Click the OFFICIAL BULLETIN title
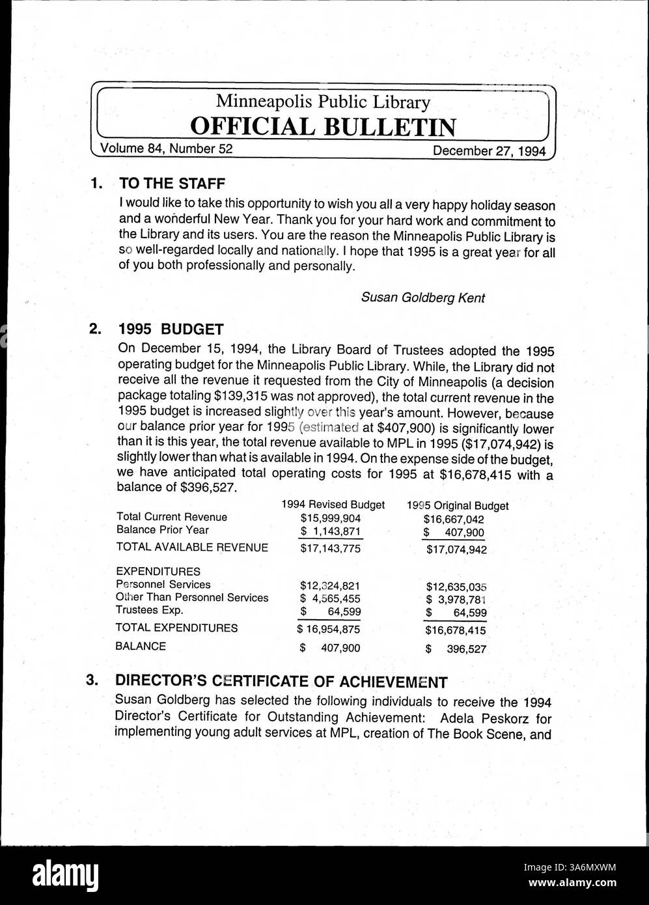pyautogui.click(x=323, y=126)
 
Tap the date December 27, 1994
pyautogui.click(x=489, y=150)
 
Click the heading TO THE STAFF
pyautogui.click(x=172, y=184)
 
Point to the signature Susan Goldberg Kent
pyautogui.click(x=423, y=298)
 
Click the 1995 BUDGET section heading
pyautogui.click(x=171, y=329)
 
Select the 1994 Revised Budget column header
pyautogui.click(x=333, y=505)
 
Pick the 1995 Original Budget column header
pyautogui.click(x=458, y=505)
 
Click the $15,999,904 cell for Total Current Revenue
pyautogui.click(x=330, y=518)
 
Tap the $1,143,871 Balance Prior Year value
pyautogui.click(x=330, y=531)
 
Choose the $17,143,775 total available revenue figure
pyautogui.click(x=330, y=548)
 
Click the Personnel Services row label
pyautogui.click(x=163, y=585)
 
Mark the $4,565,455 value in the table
pyautogui.click(x=330, y=598)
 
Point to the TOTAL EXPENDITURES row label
pyautogui.click(x=176, y=628)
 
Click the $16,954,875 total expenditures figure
pyautogui.click(x=329, y=630)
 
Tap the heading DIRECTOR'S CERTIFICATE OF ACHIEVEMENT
pyautogui.click(x=281, y=682)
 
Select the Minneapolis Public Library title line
pyautogui.click(x=323, y=102)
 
